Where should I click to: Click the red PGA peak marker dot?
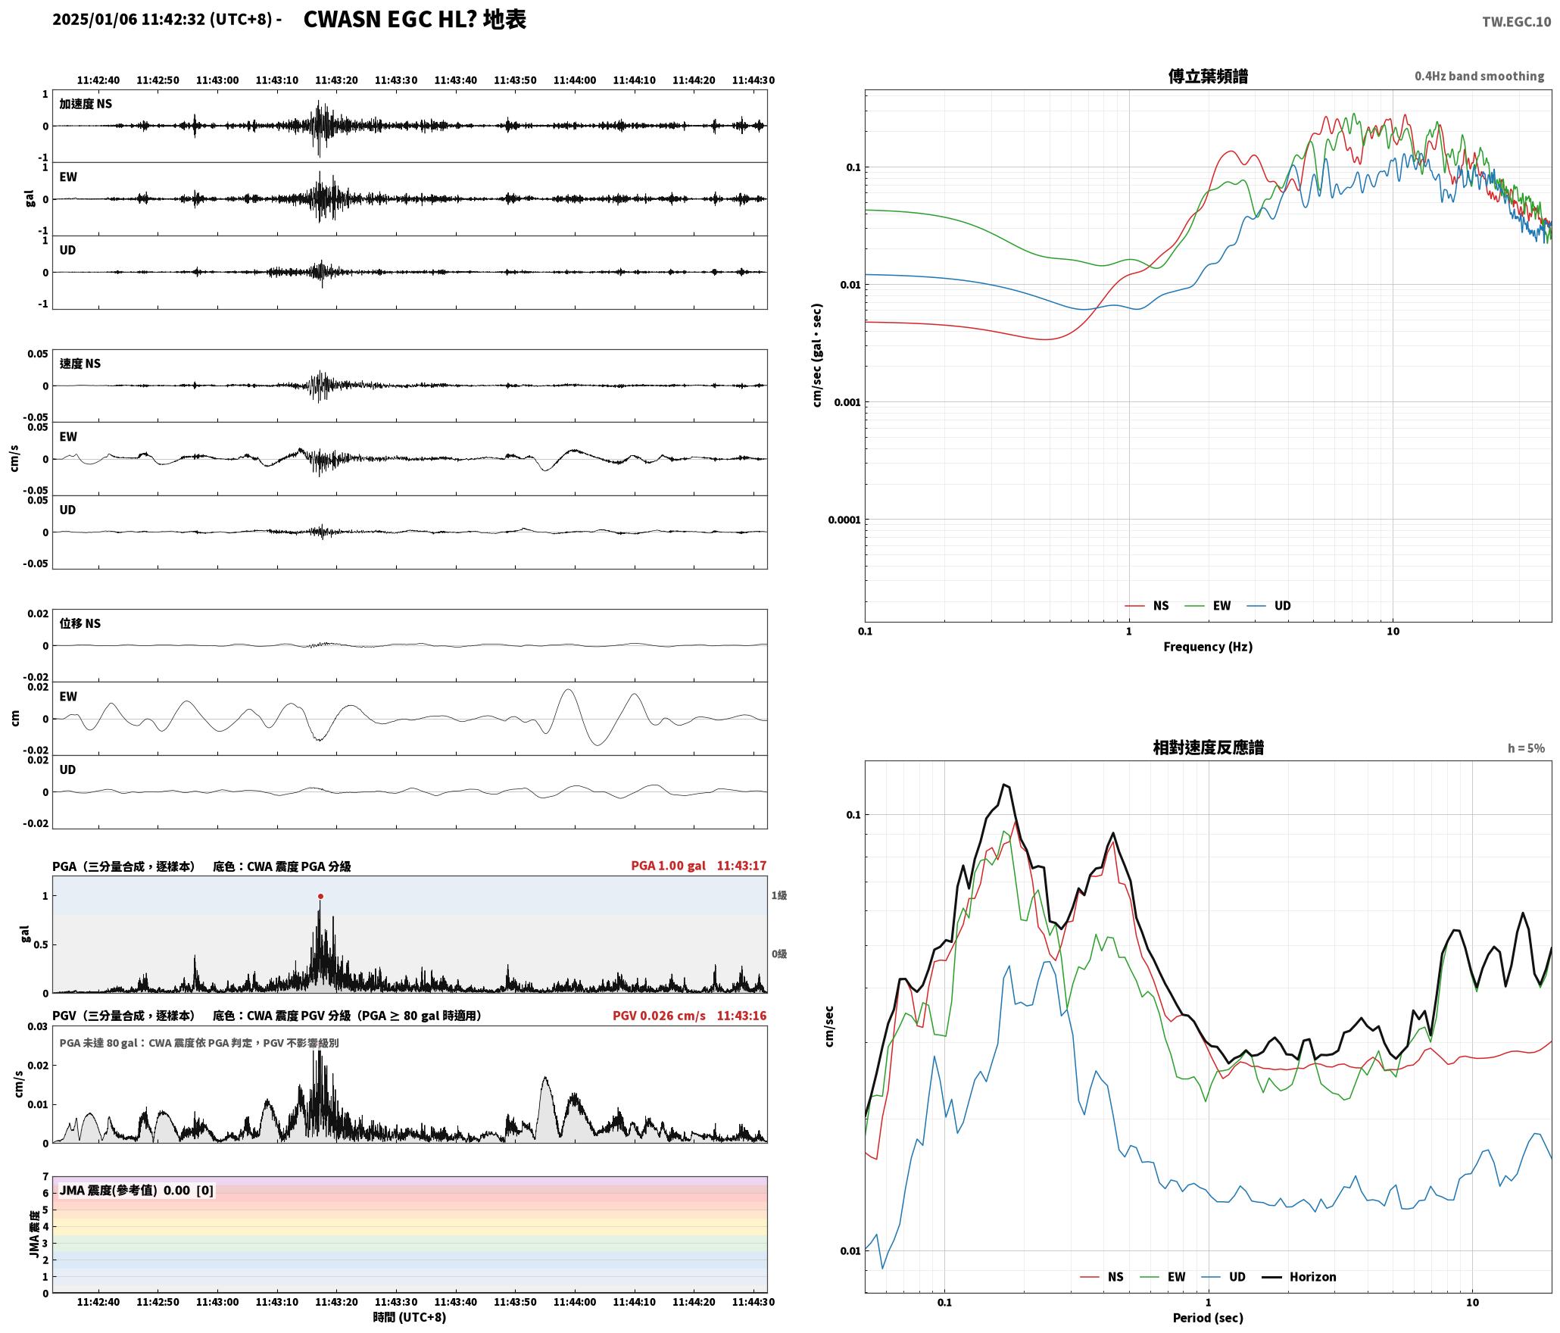tap(320, 896)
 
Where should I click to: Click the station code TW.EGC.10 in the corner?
tap(1516, 22)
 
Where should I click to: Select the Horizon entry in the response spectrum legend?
tap(1312, 1276)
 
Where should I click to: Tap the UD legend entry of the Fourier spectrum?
tap(1282, 605)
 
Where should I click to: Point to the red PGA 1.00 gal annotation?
tap(668, 865)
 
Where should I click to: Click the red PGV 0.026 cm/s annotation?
tap(659, 1015)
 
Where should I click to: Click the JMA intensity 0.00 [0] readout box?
tap(136, 1190)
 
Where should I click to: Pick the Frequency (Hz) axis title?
tap(1208, 646)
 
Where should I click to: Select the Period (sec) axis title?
tap(1208, 1317)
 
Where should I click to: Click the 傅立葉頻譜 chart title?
tap(1208, 76)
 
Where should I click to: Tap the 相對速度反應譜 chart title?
tap(1208, 747)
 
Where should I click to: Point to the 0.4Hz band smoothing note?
tap(1479, 76)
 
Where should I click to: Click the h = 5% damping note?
tap(1526, 748)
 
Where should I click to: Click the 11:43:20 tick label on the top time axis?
tap(336, 80)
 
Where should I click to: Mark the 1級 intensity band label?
tap(779, 895)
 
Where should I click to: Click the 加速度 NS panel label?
tap(86, 104)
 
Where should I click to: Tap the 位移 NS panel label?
tap(80, 623)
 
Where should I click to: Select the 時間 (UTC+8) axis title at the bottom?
tap(409, 1317)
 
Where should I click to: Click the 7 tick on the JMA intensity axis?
tap(45, 1177)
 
